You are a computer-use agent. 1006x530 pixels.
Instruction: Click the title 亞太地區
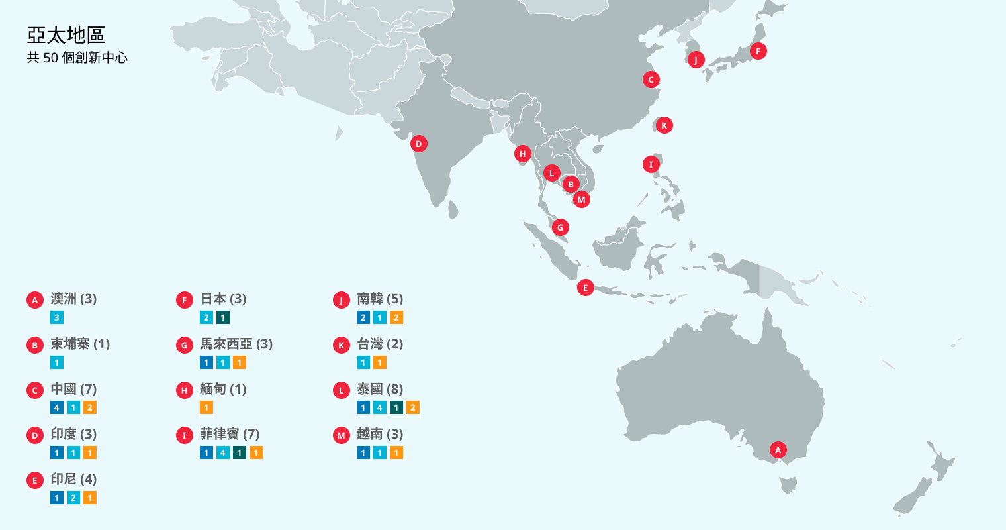click(x=66, y=35)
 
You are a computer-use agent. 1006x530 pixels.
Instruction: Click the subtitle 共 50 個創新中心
click(x=77, y=58)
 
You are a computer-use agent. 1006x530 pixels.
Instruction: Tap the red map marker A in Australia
click(x=778, y=450)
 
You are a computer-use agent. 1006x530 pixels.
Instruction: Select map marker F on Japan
click(x=758, y=51)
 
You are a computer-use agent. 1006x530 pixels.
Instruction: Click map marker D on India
click(x=418, y=144)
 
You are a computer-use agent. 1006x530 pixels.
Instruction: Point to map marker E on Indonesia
click(x=585, y=288)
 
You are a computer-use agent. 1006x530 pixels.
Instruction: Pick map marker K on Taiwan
click(x=664, y=125)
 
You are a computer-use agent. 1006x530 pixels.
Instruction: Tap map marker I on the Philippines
click(x=651, y=164)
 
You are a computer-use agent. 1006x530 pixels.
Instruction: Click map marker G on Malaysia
click(x=560, y=227)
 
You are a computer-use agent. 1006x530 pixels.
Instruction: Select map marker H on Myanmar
click(x=522, y=154)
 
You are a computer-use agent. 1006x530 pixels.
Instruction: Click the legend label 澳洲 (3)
click(x=73, y=299)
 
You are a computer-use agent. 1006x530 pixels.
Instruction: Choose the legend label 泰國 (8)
click(x=380, y=390)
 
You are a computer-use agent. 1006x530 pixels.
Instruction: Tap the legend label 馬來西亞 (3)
click(x=236, y=344)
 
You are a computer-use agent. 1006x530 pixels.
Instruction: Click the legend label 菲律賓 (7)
click(x=230, y=435)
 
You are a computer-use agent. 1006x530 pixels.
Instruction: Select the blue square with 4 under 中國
click(x=57, y=407)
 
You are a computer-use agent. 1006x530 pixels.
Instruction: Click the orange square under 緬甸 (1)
click(x=206, y=407)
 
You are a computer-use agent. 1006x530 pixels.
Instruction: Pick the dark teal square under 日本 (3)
click(x=223, y=317)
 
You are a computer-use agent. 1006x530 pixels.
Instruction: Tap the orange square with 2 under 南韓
click(x=396, y=317)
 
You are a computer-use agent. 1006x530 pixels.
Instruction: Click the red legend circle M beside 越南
click(x=341, y=435)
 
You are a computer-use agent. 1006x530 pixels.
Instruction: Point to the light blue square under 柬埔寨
click(x=57, y=362)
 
